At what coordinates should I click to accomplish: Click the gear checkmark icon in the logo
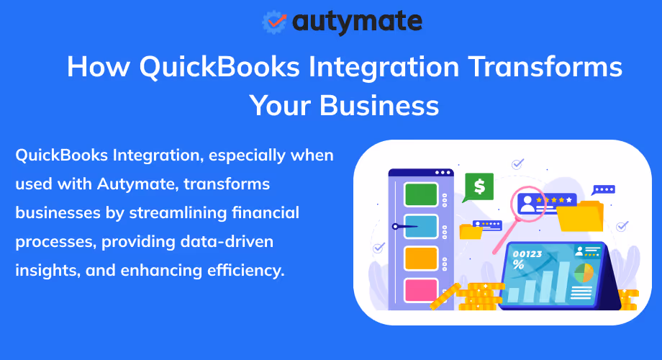tap(274, 21)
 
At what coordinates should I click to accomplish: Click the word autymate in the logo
tap(357, 21)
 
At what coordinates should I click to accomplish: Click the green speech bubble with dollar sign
tap(479, 186)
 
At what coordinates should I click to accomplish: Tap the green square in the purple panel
tap(421, 194)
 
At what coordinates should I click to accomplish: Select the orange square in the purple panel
tap(421, 258)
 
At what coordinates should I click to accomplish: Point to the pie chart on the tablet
tap(584, 272)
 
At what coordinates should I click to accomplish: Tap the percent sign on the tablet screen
tap(518, 265)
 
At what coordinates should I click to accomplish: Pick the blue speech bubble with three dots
tap(603, 189)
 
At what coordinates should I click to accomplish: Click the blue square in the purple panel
tap(421, 226)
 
